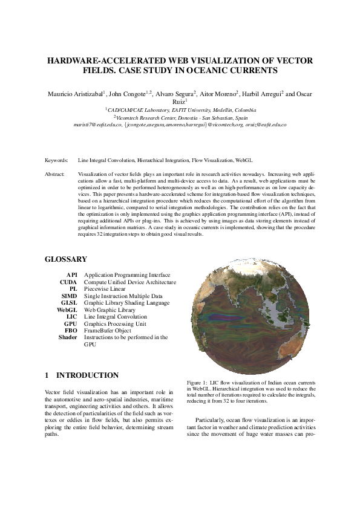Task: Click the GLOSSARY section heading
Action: [x=66, y=259]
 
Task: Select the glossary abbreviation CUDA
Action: [x=68, y=282]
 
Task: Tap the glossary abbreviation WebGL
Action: [x=67, y=310]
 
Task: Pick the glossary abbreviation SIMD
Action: [x=68, y=296]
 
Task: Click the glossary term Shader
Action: [x=68, y=337]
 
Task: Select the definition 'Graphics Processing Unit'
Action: [x=115, y=323]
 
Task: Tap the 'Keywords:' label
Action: [x=56, y=161]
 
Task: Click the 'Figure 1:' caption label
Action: [x=198, y=384]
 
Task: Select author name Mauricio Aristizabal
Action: [x=74, y=95]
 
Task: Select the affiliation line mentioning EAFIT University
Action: [x=180, y=110]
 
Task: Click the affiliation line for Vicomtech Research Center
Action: [x=180, y=117]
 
